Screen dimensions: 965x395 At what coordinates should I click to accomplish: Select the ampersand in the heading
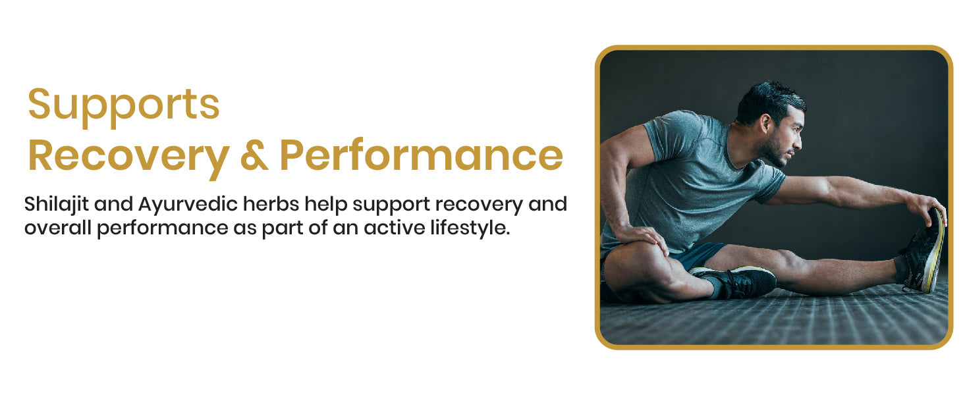coord(254,155)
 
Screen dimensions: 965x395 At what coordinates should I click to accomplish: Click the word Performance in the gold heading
coord(422,155)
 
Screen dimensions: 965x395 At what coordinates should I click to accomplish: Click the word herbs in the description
coord(271,203)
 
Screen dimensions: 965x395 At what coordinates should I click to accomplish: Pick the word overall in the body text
coord(58,228)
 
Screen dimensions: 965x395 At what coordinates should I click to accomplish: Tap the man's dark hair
coord(769,101)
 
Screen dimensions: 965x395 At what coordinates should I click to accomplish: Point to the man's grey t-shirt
coord(689,181)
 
